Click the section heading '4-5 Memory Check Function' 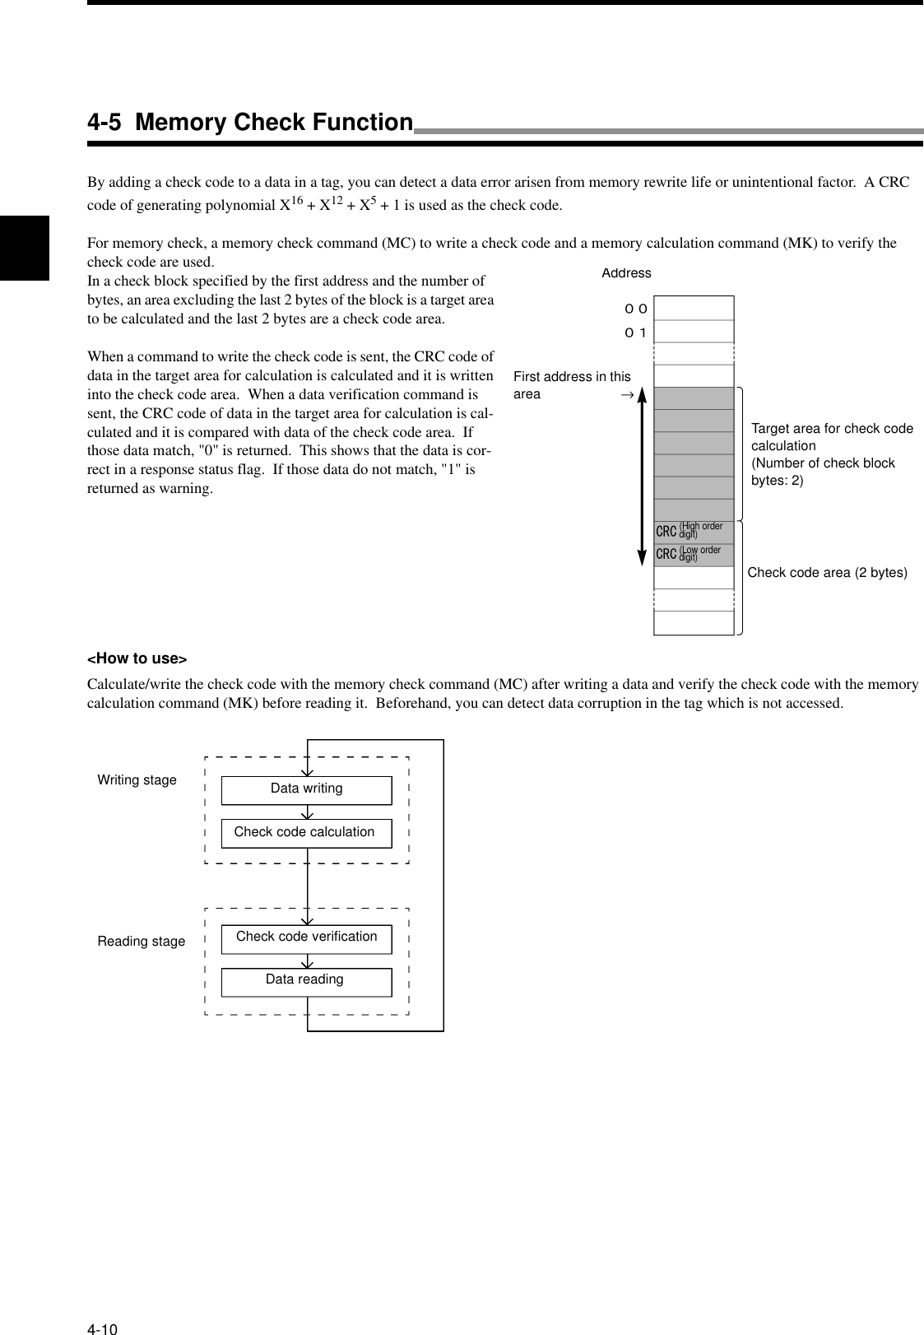[x=250, y=123]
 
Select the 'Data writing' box [x=307, y=789]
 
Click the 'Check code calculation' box [x=306, y=833]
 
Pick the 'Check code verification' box [x=307, y=937]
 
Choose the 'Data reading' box [x=306, y=981]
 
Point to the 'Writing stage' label [x=137, y=780]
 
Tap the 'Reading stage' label [x=142, y=942]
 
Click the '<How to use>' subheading [x=137, y=658]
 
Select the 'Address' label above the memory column [x=626, y=273]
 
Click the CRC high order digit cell [x=694, y=532]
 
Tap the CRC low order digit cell [x=694, y=555]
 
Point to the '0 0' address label [x=635, y=309]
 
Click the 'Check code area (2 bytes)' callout [x=827, y=573]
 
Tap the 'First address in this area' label [x=572, y=385]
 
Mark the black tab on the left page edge [x=25, y=248]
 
